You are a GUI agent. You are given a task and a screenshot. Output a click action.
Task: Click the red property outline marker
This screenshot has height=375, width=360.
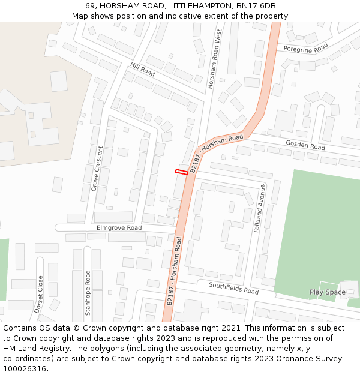(x=181, y=172)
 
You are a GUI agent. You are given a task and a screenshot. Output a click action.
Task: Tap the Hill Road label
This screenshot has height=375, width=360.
(x=142, y=70)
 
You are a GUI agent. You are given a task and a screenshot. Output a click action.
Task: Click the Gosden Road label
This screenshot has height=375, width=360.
(x=305, y=145)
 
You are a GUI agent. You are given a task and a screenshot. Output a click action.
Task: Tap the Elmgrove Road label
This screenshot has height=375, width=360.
(x=119, y=228)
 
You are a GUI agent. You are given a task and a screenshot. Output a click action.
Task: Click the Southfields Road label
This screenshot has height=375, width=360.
(x=233, y=288)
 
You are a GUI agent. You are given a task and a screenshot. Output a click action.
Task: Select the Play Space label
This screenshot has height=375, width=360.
(x=327, y=292)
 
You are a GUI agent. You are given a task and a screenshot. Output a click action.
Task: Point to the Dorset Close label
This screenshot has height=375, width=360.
(x=39, y=294)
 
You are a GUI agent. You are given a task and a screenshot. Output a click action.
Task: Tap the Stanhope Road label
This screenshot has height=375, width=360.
(x=88, y=293)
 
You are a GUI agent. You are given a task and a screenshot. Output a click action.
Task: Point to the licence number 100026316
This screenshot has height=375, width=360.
(x=25, y=369)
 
